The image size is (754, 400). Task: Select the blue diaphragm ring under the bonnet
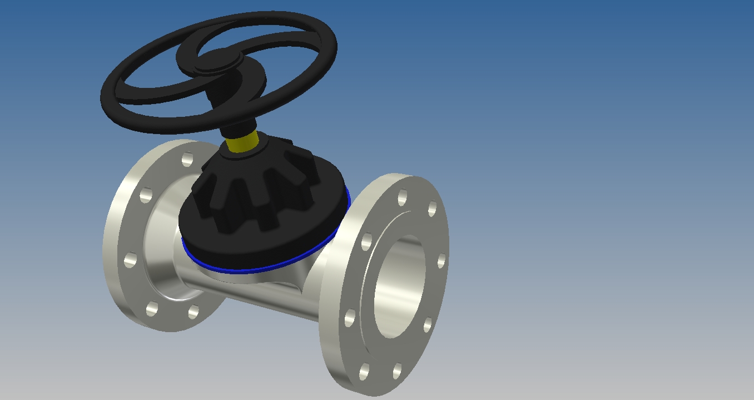[261, 269]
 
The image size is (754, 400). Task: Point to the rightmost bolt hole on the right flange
[442, 260]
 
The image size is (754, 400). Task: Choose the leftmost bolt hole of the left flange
[131, 260]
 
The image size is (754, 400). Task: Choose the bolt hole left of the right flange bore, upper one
[366, 243]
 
